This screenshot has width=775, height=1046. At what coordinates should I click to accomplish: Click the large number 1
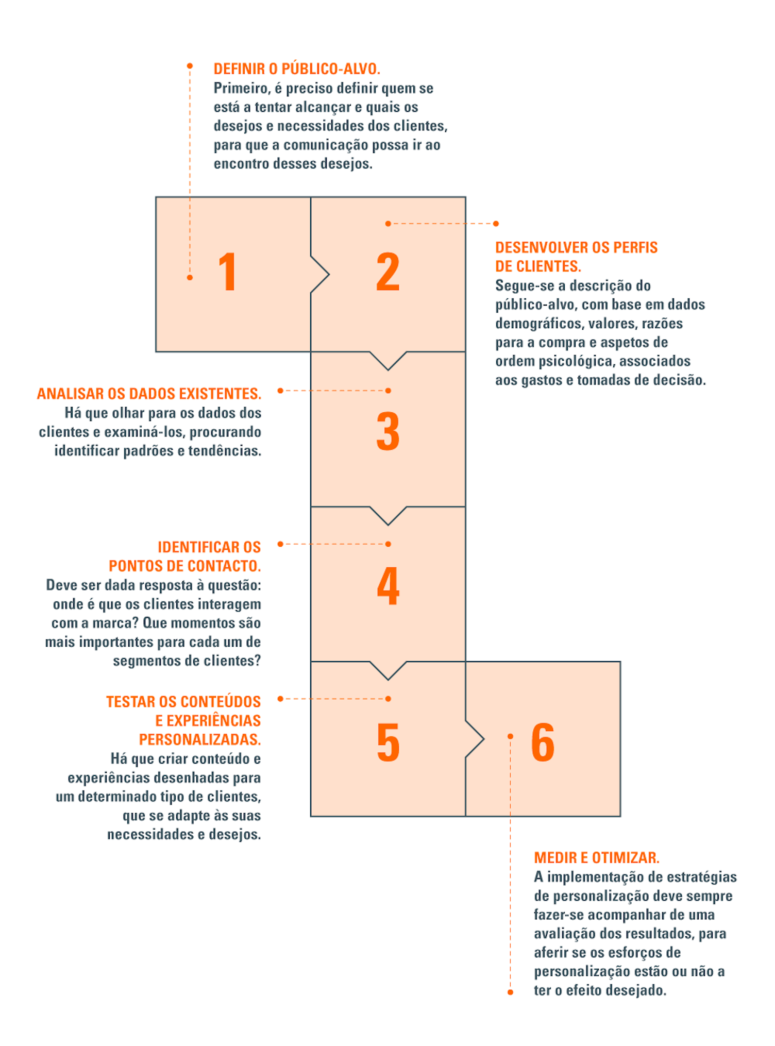coord(227,272)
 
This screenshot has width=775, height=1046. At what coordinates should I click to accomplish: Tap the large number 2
coord(387,272)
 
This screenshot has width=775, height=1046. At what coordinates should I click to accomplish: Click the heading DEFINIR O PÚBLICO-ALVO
coord(297,69)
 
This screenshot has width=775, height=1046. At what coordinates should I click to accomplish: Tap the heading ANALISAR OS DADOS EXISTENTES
coord(149,394)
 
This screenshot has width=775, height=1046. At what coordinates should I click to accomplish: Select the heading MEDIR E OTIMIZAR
coord(596,857)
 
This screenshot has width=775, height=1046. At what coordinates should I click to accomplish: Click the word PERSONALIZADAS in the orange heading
coord(199,739)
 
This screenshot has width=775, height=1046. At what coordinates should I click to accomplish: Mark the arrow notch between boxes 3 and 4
coord(388,516)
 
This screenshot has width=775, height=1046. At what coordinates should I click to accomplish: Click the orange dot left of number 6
coord(510,736)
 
